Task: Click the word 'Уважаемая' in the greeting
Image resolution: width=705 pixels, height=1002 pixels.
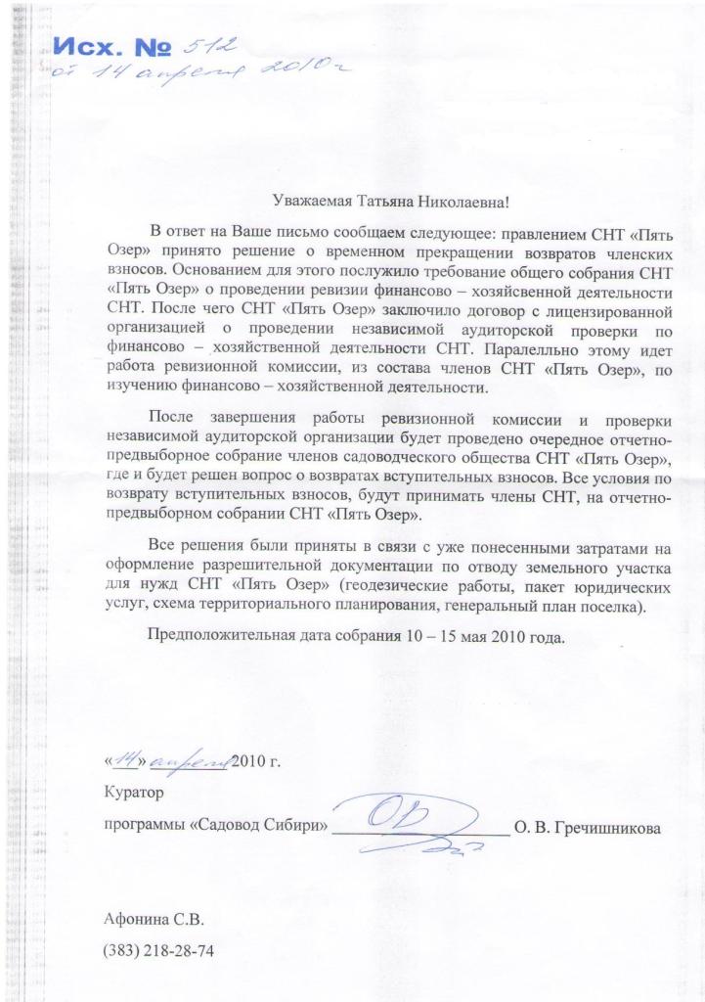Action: pyautogui.click(x=312, y=202)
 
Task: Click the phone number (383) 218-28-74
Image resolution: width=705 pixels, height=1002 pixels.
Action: pyautogui.click(x=158, y=950)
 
